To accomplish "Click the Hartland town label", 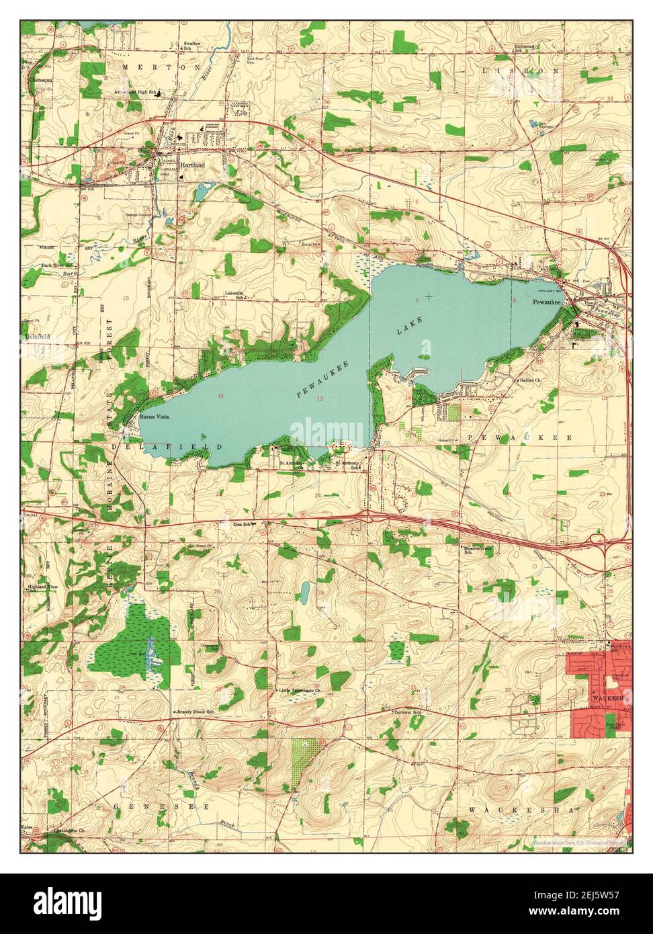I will (191, 164).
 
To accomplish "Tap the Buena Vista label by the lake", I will (154, 417).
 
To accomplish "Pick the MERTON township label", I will (162, 68).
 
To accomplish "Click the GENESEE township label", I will (161, 805).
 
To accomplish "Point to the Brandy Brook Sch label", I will (195, 711).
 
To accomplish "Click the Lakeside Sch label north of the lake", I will (234, 295).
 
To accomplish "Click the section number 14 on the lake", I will (220, 396).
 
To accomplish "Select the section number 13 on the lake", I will (320, 399).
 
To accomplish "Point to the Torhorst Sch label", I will (406, 712).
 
